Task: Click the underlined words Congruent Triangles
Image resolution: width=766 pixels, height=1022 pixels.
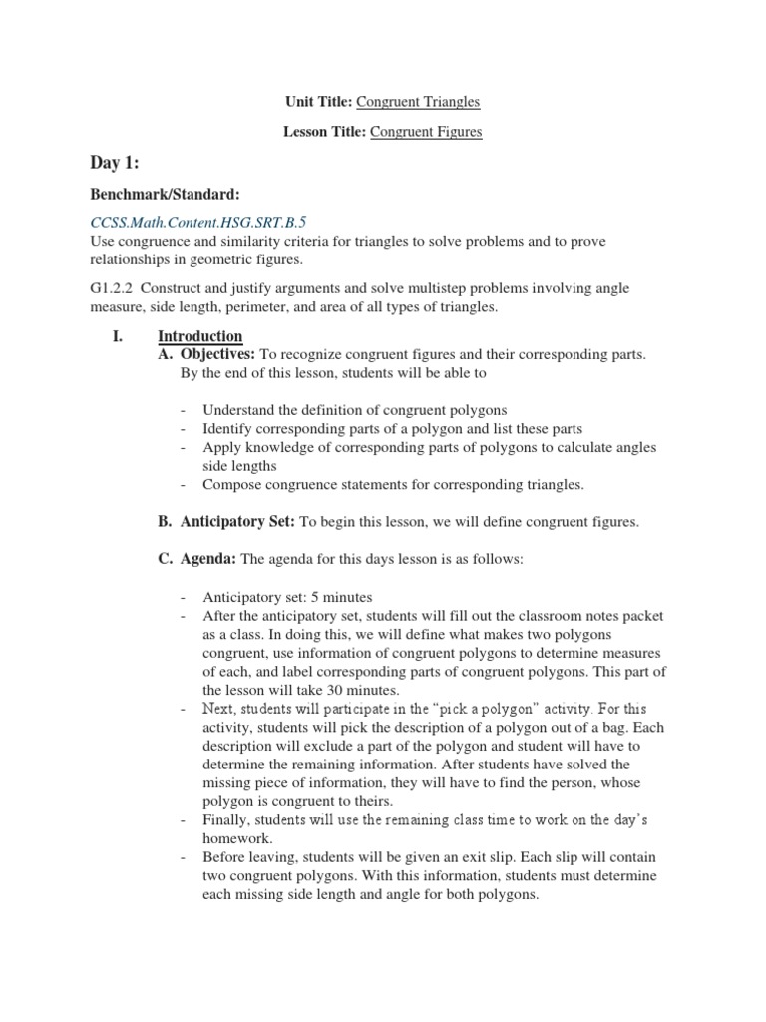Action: (418, 101)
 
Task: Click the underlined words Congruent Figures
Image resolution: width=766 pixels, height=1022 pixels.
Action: (426, 131)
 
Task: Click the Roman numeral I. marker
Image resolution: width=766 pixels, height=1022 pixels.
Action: (116, 336)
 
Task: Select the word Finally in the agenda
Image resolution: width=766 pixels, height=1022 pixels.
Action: (225, 819)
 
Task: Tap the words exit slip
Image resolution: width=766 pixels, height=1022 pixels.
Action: (535, 857)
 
